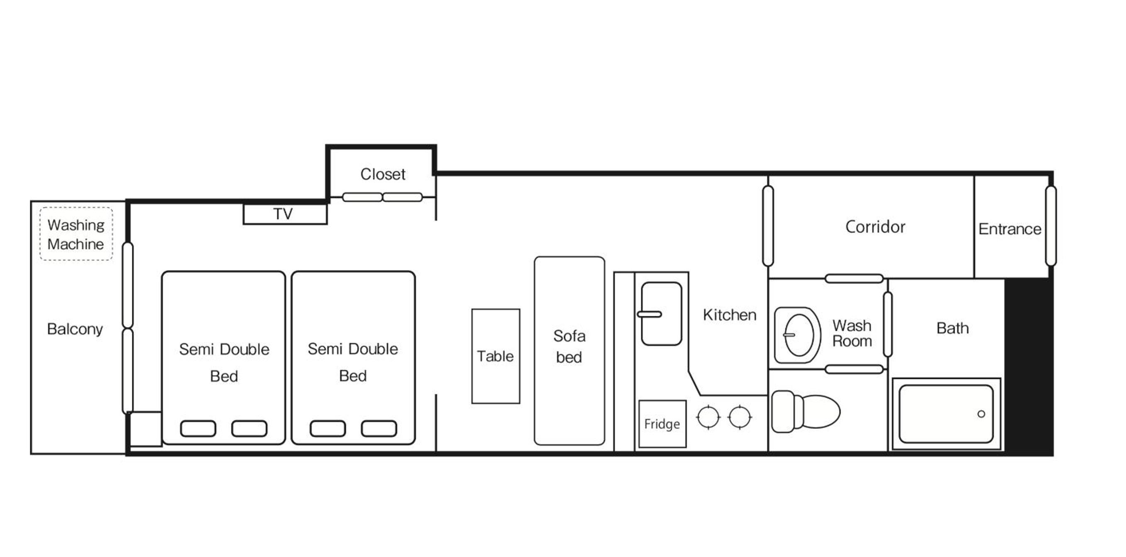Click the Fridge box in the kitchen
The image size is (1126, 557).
pyautogui.click(x=662, y=424)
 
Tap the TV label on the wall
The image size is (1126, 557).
pyautogui.click(x=283, y=214)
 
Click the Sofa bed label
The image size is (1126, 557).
pyautogui.click(x=569, y=346)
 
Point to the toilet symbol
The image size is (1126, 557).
pyautogui.click(x=805, y=411)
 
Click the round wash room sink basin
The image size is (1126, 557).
pyautogui.click(x=799, y=335)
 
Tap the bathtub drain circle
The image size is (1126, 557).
pyautogui.click(x=981, y=413)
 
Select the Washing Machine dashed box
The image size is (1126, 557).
pyautogui.click(x=76, y=234)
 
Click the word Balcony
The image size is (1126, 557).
pyautogui.click(x=75, y=329)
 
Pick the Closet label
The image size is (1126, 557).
pyautogui.click(x=383, y=174)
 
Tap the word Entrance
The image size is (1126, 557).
pyautogui.click(x=1010, y=229)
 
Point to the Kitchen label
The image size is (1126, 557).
pyautogui.click(x=730, y=315)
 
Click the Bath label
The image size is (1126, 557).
pyautogui.click(x=953, y=328)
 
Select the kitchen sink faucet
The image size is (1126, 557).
pyautogui.click(x=650, y=314)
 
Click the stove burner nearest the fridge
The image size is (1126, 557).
pyautogui.click(x=708, y=417)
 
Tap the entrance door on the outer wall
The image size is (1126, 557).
pyautogui.click(x=1051, y=226)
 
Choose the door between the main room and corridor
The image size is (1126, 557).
pyautogui.click(x=768, y=226)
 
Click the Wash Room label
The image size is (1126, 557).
pyautogui.click(x=852, y=333)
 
